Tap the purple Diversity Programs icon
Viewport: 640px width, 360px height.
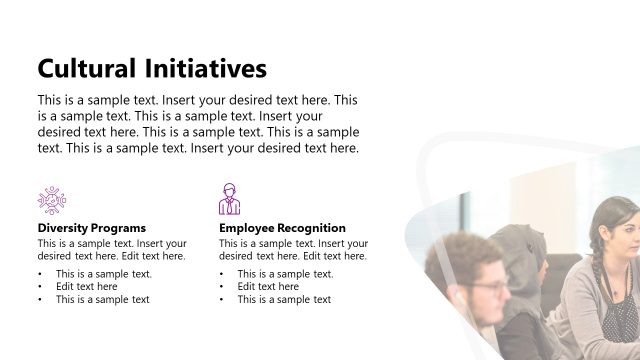51,199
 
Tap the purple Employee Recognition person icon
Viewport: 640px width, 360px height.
230,199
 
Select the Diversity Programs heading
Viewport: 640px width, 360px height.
91,228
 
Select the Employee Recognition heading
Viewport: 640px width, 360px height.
282,228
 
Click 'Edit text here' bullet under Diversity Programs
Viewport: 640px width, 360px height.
86,287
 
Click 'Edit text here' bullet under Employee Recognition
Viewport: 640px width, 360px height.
268,287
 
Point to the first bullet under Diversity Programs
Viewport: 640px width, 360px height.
103,274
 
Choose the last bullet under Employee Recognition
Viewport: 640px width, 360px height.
284,300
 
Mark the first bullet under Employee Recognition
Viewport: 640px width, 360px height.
285,274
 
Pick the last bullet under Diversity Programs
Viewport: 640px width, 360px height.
102,300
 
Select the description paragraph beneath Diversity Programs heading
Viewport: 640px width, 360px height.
112,250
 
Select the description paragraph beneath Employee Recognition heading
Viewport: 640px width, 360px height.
293,250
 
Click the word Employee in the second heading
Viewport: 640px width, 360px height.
250,228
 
